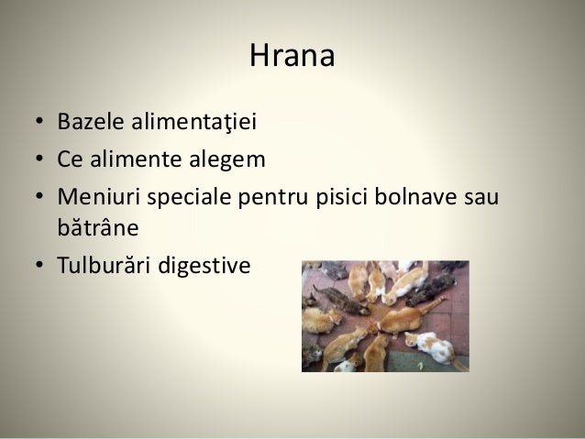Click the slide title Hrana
(292, 58)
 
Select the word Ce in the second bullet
(71, 160)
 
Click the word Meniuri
(94, 198)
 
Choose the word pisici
(336, 198)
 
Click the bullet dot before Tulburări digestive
(40, 266)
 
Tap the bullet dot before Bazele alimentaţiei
(40, 123)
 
